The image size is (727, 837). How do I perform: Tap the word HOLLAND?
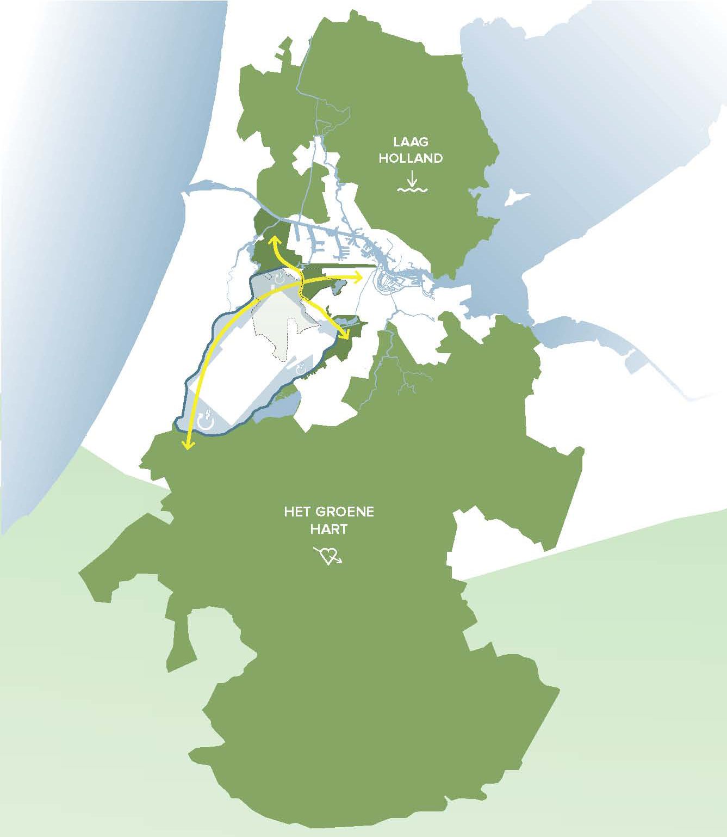411,158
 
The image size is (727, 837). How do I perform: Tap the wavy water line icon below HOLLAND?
412,190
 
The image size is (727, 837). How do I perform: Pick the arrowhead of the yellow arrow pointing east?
360,278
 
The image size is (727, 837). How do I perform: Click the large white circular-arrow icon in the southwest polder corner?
207,421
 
